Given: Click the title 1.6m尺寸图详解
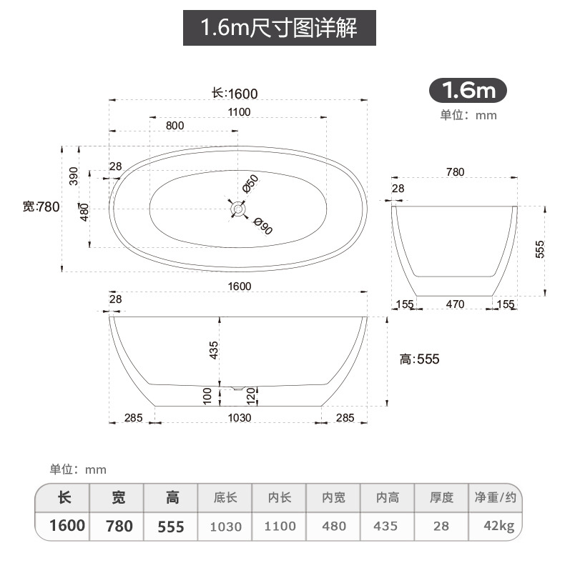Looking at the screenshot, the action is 279,29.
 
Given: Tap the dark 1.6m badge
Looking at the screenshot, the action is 468,91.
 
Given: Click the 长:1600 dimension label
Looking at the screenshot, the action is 235,93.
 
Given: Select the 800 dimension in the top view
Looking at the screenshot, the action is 175,125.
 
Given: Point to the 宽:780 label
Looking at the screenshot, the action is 40,207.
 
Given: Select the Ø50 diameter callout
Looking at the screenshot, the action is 250,184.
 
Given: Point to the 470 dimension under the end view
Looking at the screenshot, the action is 455,304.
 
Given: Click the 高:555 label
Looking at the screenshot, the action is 420,359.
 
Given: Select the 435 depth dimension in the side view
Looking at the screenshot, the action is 214,350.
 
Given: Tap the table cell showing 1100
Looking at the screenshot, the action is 280,527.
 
